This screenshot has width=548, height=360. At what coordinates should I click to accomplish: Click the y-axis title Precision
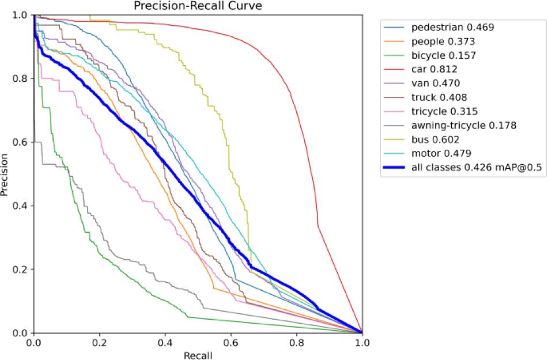[x=5, y=173]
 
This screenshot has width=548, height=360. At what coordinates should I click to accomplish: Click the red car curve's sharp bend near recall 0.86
[x=318, y=225]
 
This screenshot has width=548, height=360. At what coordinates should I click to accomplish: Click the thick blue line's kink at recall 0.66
[x=251, y=266]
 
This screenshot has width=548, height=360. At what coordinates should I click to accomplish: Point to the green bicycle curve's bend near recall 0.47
[x=188, y=317]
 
